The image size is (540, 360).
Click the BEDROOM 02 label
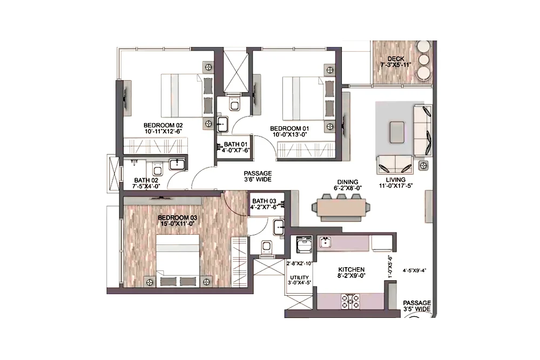[x=163, y=125]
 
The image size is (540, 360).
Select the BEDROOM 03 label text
[x=177, y=218]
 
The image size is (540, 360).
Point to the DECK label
[x=396, y=59]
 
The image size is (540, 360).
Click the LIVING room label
[x=396, y=180]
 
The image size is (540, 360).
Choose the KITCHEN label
[x=352, y=269]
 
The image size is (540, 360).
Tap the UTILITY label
[x=299, y=277]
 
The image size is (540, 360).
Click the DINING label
[x=348, y=182]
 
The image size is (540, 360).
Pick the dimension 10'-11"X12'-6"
[x=163, y=131]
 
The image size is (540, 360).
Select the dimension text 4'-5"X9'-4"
[x=415, y=270]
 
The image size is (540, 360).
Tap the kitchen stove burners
[x=350, y=302]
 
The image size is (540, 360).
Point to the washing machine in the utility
[x=304, y=244]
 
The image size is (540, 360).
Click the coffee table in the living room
[x=397, y=132]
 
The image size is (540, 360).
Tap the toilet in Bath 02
[x=158, y=168]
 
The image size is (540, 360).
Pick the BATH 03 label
[x=264, y=201]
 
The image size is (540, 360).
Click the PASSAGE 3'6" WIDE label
[x=258, y=176]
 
